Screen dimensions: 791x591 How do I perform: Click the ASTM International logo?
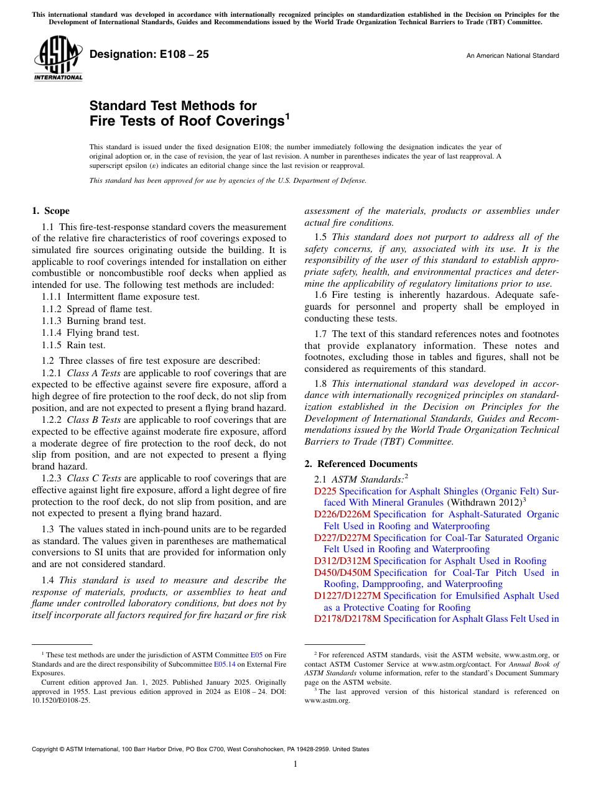pos(58,59)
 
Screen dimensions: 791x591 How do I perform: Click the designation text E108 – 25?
pos(149,55)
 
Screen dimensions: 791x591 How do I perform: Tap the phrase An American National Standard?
pos(512,56)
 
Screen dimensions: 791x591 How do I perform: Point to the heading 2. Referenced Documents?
pos(361,464)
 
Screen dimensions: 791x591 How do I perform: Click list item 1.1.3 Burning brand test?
pos(93,321)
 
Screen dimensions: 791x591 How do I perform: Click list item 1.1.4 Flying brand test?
pos(90,333)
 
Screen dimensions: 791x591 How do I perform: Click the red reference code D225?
pos(325,491)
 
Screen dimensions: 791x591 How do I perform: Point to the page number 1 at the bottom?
pos(295,764)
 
